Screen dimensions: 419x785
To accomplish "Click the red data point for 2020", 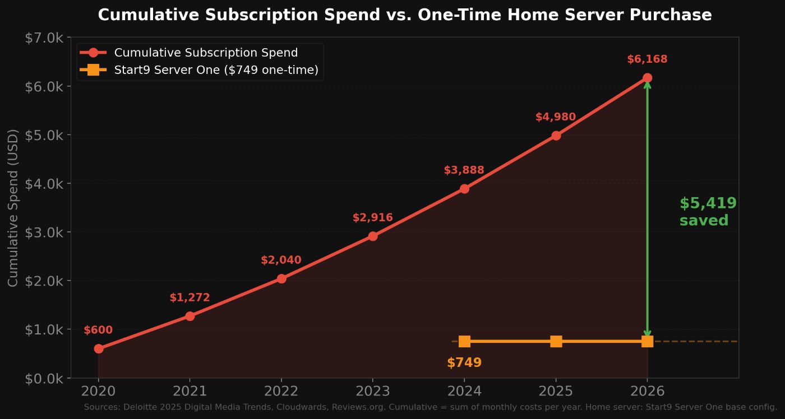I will click(x=99, y=348).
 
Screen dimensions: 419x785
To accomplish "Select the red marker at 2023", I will click(x=373, y=236).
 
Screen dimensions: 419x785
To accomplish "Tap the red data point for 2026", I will click(x=647, y=78).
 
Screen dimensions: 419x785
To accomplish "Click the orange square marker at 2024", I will click(x=464, y=341).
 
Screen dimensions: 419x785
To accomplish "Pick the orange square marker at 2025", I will click(x=556, y=341).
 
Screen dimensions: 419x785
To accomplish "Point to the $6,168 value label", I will click(x=647, y=59).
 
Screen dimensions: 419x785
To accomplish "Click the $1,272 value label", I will click(x=190, y=298).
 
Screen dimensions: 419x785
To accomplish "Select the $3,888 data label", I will click(x=464, y=170).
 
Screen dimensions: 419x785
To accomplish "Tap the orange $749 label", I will click(x=464, y=363).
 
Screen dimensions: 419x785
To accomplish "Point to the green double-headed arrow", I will click(x=647, y=210).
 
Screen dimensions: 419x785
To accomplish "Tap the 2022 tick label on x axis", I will click(x=281, y=391).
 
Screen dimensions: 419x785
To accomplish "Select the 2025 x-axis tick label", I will click(x=556, y=391).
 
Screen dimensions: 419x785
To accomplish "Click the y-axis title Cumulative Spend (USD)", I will click(x=13, y=208).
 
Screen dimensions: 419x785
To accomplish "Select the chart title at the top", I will click(x=405, y=15).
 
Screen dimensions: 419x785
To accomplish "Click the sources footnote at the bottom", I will click(x=430, y=407).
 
